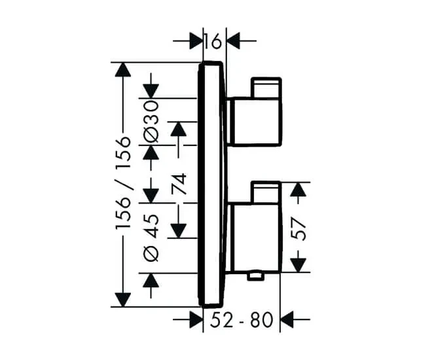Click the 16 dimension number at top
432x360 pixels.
click(x=213, y=41)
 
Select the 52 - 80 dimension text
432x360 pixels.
click(x=242, y=320)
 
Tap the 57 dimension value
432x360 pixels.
click(x=298, y=229)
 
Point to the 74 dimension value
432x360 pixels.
click(x=179, y=184)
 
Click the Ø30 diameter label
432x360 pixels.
click(x=151, y=122)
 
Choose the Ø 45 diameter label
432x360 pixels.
click(x=151, y=238)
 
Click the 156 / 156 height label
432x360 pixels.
click(x=123, y=183)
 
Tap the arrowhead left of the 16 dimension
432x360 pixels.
click(x=196, y=41)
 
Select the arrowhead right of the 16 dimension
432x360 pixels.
click(x=233, y=41)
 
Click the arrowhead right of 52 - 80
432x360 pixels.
click(x=287, y=320)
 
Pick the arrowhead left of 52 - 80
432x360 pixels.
click(x=196, y=320)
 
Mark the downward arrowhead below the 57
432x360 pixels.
click(x=298, y=265)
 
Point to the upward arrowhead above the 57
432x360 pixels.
click(x=298, y=189)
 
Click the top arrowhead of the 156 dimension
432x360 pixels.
click(x=123, y=69)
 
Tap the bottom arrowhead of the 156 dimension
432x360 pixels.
click(x=123, y=300)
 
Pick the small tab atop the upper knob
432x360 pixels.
click(x=266, y=88)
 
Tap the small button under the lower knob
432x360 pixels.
click(x=256, y=276)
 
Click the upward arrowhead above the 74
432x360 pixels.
click(x=179, y=129)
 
